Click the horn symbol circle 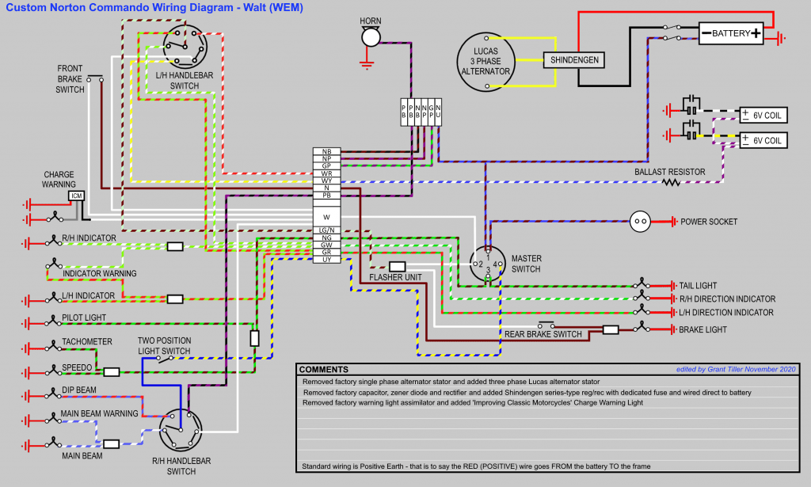click(371, 37)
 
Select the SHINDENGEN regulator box click(574, 60)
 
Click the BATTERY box click(731, 33)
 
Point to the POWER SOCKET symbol click(640, 222)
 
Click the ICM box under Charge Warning click(76, 196)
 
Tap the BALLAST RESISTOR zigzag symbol click(672, 182)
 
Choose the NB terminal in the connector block click(326, 151)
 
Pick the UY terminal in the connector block click(326, 260)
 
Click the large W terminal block click(326, 215)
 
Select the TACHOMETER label click(87, 342)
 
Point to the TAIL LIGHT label click(697, 285)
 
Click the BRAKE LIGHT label click(703, 329)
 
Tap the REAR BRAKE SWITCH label click(543, 334)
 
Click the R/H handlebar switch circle click(180, 431)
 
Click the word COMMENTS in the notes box click(324, 370)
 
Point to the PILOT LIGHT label click(84, 318)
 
